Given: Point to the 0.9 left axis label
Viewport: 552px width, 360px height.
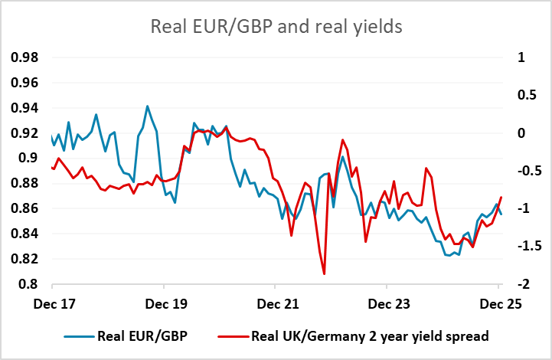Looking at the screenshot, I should pyautogui.click(x=28, y=159).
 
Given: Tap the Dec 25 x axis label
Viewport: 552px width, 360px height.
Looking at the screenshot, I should pyautogui.click(x=499, y=303).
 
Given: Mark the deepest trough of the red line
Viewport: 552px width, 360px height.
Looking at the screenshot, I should pyautogui.click(x=324, y=273).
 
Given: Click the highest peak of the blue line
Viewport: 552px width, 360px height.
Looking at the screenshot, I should pyautogui.click(x=147, y=106).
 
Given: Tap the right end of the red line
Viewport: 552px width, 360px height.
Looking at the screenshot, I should pyautogui.click(x=501, y=198).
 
